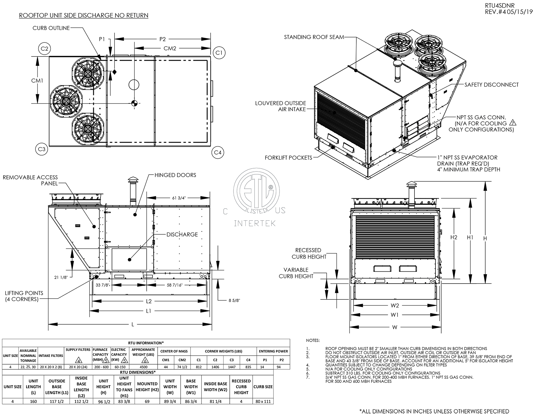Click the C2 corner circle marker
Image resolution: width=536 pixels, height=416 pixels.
click(45, 49)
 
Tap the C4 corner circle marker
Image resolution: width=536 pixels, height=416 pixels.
click(218, 153)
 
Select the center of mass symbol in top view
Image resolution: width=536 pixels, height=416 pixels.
click(134, 103)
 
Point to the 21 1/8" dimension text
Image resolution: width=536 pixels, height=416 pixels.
click(61, 277)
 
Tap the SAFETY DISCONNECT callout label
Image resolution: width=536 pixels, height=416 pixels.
click(492, 85)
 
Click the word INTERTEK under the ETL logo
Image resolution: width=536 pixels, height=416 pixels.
click(255, 223)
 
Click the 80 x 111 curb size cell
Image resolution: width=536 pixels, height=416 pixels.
click(263, 401)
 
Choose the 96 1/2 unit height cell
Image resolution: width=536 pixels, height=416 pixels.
click(103, 401)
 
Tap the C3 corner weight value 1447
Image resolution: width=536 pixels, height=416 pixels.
click(232, 367)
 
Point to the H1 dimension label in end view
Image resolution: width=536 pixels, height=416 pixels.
click(470, 237)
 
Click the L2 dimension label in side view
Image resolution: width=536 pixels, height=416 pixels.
click(149, 301)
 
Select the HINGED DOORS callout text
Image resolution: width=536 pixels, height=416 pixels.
click(175, 175)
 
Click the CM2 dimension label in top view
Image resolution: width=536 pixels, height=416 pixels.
click(170, 49)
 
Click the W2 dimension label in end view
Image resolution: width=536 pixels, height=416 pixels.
click(395, 306)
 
